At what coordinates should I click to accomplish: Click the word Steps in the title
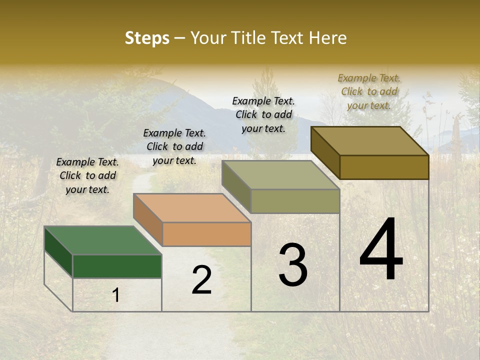point(147,38)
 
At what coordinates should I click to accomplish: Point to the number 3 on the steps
point(292,265)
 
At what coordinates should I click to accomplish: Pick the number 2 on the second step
point(201,280)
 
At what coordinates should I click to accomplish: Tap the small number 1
point(116,295)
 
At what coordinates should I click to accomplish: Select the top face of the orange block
point(192,208)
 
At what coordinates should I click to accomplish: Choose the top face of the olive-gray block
point(280,175)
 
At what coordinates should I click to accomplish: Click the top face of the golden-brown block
point(369,141)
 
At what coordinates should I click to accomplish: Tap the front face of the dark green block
point(117,266)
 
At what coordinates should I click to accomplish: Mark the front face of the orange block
point(206,234)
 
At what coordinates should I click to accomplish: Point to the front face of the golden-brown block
point(384,167)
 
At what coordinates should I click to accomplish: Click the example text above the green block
point(87,175)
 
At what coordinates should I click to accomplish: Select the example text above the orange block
point(174,146)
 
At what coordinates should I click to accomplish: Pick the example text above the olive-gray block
point(263,114)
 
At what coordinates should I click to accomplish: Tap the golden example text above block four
point(369,91)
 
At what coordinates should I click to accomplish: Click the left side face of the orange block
point(148,219)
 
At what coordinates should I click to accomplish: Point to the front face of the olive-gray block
point(295,201)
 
